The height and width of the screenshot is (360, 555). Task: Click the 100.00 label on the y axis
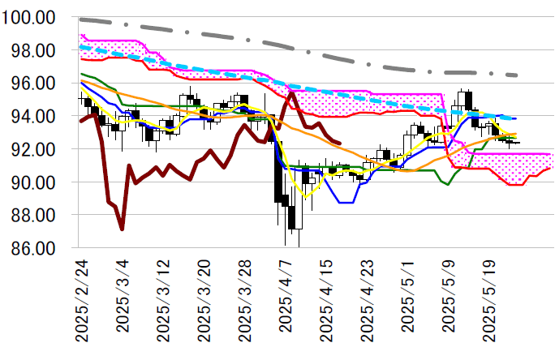[x=29, y=18]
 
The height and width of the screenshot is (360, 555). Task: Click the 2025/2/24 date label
[x=81, y=300]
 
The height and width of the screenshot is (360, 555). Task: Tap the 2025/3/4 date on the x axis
[x=123, y=296]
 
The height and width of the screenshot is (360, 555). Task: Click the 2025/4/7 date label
[x=287, y=296]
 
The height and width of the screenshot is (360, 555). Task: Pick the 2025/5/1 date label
[x=411, y=296]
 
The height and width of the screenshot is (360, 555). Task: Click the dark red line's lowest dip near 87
[x=122, y=229]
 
